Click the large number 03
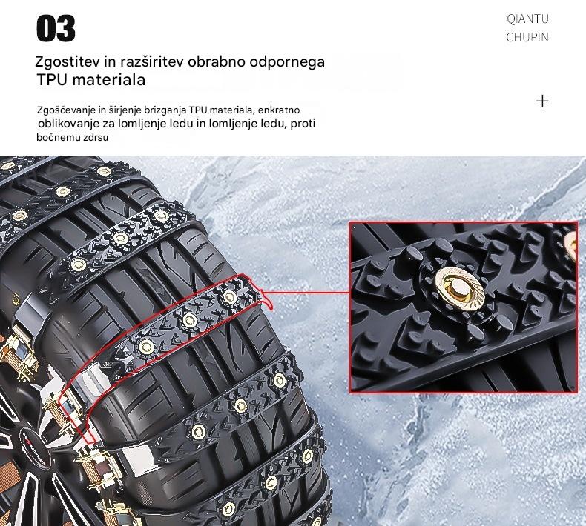coord(56,28)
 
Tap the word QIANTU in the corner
coord(527,19)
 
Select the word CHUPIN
coord(527,37)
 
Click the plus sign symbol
coord(542,101)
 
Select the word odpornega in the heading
coord(287,62)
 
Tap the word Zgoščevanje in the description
coord(67,110)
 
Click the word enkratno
coord(279,110)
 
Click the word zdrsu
coord(96,137)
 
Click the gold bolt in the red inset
coord(459,289)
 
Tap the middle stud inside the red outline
coord(189,320)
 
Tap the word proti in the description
coord(303,123)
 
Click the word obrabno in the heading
coord(217,62)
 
